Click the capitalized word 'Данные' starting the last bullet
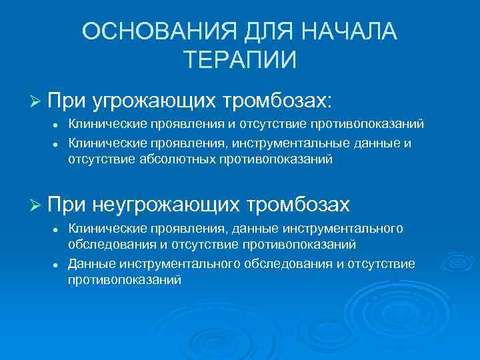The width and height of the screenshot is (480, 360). coord(89,264)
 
